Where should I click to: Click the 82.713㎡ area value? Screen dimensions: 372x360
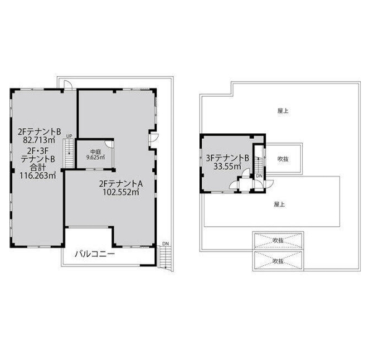pos(39,140)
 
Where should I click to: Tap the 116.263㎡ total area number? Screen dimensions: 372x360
pos(38,175)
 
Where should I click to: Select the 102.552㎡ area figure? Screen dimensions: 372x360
pos(121,192)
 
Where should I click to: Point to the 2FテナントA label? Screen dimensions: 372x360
pos(121,183)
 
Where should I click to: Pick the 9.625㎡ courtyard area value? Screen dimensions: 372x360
pos(95,157)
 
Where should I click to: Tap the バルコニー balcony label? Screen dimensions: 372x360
pos(95,254)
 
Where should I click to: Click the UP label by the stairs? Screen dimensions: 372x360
pos(69,136)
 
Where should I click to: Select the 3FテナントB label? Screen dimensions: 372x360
pos(227,158)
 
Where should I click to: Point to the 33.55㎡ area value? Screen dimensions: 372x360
pos(227,166)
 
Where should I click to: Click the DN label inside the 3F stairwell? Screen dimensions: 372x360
pos(259,176)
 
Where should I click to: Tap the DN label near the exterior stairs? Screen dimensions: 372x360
pos(166,244)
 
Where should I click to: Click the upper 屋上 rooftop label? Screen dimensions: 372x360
pos(283,111)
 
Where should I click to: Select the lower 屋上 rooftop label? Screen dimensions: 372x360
pos(279,204)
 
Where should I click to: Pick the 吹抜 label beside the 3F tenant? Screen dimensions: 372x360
pos(283,159)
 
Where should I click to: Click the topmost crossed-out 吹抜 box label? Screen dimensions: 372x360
pos(278,240)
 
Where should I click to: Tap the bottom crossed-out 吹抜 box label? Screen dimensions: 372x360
pos(278,261)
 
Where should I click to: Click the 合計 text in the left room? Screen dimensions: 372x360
pos(38,167)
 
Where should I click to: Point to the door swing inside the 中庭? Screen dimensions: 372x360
pos(109,144)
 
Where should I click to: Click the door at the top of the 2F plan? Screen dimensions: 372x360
pos(67,85)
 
